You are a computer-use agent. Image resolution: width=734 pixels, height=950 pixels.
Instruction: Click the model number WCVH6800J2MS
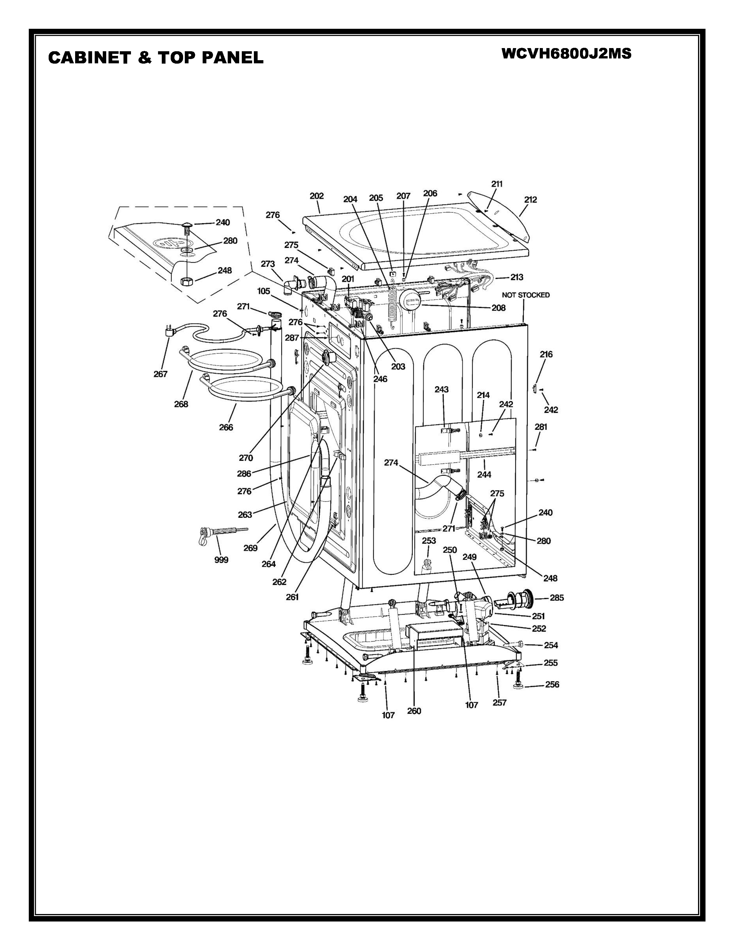[566, 54]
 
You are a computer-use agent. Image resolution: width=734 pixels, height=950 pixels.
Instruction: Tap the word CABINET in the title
[90, 57]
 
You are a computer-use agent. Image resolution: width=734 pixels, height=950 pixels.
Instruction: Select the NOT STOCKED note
[526, 295]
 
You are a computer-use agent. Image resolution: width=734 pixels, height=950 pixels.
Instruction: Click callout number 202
[317, 196]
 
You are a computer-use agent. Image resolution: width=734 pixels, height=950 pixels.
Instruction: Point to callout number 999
[221, 560]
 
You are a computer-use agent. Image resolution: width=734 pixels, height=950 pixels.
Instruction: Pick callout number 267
[160, 374]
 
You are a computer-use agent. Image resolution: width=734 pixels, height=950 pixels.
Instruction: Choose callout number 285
[557, 598]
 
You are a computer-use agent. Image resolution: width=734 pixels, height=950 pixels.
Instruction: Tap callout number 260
[414, 711]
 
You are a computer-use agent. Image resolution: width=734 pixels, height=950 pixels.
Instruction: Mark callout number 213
[517, 277]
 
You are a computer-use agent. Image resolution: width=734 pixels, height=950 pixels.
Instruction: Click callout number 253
[429, 541]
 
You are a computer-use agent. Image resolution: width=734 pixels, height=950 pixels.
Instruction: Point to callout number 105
[263, 291]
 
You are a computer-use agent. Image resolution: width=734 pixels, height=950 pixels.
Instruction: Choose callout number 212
[530, 200]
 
